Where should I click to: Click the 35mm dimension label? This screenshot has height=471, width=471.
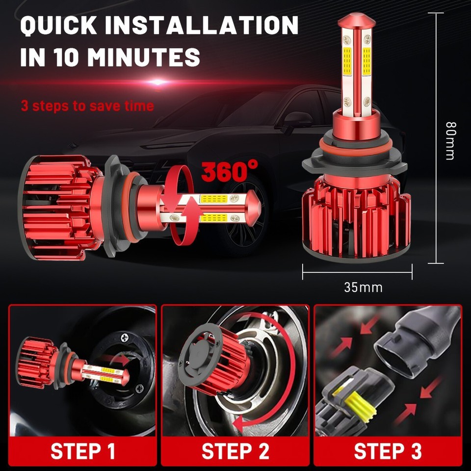click(363, 287)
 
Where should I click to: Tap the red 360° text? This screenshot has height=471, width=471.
click(229, 171)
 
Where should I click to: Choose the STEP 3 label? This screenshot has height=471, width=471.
click(388, 451)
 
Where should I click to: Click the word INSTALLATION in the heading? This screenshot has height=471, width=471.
click(202, 26)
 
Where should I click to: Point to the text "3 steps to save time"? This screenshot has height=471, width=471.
click(87, 106)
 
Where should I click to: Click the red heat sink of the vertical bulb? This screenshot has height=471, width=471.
click(357, 216)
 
